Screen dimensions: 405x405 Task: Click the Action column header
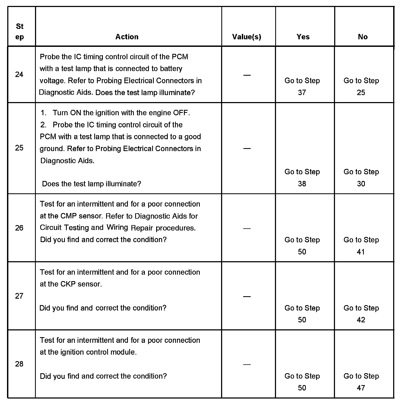coord(127,37)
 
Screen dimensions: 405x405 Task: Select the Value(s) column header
coord(247,37)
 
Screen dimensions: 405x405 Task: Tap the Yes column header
coord(303,37)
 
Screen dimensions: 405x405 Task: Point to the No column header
coord(363,37)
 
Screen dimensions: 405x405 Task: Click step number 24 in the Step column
coord(19,75)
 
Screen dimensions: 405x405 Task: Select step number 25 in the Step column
coord(19,148)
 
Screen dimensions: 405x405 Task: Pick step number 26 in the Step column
coord(19,228)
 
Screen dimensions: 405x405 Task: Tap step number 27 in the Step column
coord(19,296)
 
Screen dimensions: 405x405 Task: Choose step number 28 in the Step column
coord(19,364)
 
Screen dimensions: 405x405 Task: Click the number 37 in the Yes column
coord(302,93)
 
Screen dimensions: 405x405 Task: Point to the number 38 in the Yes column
coord(302,184)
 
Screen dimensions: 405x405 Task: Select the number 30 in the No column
coord(361,184)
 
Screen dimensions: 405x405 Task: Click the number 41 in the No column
coord(361,252)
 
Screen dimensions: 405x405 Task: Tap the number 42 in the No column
coord(361,320)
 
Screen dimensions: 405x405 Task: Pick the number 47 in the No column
coord(361,388)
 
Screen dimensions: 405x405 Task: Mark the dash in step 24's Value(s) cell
coord(247,75)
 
